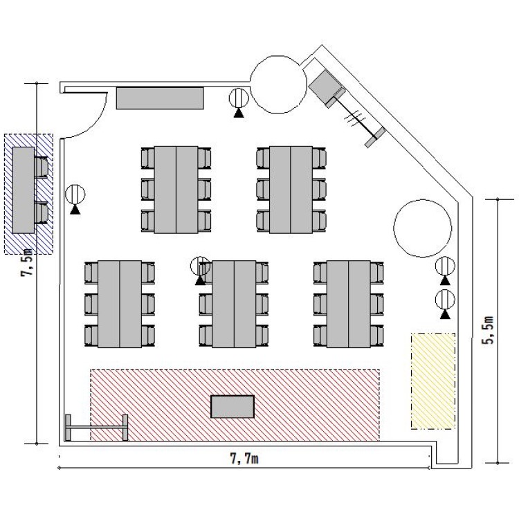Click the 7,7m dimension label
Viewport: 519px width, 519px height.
[x=244, y=459]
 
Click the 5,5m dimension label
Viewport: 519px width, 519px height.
[x=489, y=330]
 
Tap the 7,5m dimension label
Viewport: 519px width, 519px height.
[x=27, y=262]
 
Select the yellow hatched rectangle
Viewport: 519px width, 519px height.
[x=433, y=381]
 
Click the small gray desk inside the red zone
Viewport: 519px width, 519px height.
[x=233, y=406]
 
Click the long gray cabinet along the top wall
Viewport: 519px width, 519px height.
[x=160, y=98]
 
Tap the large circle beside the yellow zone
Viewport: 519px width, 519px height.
[x=422, y=228]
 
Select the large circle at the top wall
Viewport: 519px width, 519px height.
[x=278, y=84]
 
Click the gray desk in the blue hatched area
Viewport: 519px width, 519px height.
[x=24, y=190]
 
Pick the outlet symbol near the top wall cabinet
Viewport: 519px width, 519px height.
[x=239, y=102]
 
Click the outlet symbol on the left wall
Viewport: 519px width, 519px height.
[x=75, y=199]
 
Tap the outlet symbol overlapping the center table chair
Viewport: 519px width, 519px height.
[x=200, y=271]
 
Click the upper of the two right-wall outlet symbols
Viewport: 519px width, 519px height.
[x=445, y=271]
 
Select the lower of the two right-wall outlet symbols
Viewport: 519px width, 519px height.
[x=445, y=304]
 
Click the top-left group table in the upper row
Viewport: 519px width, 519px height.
[x=176, y=190]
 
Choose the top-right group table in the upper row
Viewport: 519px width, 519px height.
[x=291, y=190]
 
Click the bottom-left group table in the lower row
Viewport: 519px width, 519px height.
[x=120, y=304]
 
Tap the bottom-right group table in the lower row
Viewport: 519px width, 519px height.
[x=349, y=304]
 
